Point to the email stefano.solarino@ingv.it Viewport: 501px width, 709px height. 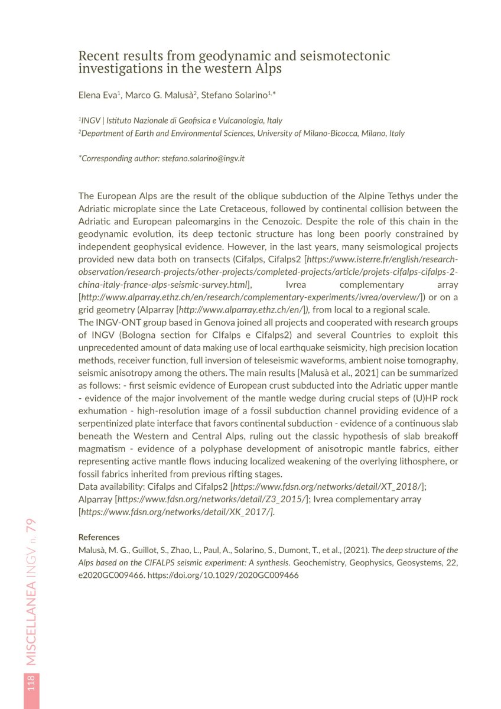(203, 158)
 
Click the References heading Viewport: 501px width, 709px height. (99, 537)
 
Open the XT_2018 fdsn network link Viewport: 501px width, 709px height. (327, 486)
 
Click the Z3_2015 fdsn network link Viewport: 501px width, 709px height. (211, 499)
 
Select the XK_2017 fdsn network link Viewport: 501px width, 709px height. (176, 511)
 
